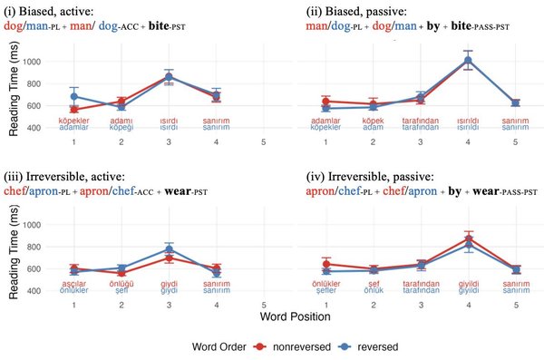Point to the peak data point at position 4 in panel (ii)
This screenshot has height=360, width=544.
468,61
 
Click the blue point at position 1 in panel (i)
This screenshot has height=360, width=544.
73,96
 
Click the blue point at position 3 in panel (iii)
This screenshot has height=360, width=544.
168,248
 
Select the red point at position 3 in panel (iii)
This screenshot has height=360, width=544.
168,258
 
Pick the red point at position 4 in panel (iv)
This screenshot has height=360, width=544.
468,238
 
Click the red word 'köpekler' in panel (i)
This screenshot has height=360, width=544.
73,120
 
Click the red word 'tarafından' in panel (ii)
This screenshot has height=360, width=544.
421,120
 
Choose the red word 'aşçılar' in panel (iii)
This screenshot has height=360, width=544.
73,283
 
